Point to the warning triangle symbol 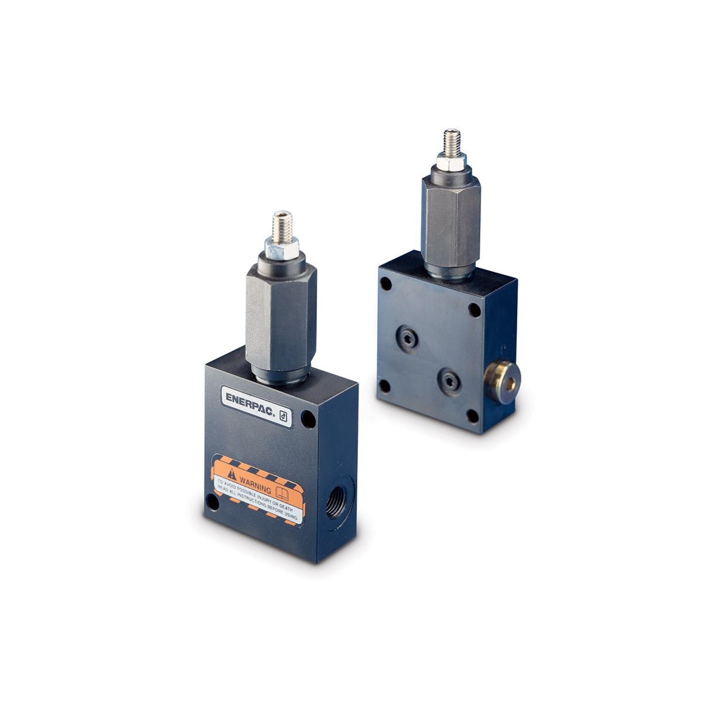tap(233, 474)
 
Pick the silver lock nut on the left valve tap(282, 249)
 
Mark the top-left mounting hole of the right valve tap(385, 284)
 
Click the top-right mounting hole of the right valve tap(475, 310)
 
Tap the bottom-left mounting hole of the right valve tap(384, 386)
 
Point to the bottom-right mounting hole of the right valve tap(472, 417)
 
